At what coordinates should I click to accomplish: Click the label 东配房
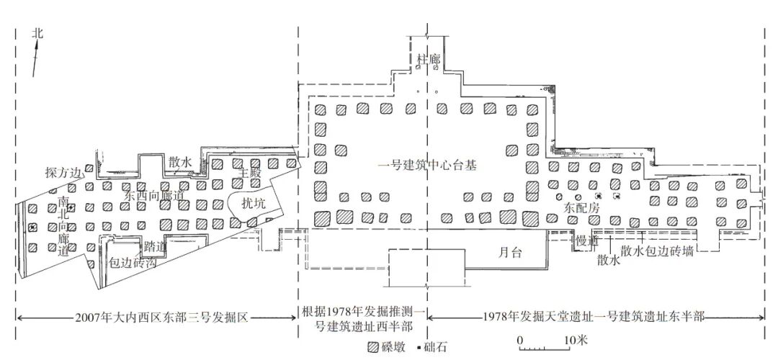coord(579,207)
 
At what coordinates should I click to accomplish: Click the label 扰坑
coord(252,204)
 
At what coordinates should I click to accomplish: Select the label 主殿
coord(249,173)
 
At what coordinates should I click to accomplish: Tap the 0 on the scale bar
coord(519,339)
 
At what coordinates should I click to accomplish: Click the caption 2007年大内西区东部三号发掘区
coord(161,316)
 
